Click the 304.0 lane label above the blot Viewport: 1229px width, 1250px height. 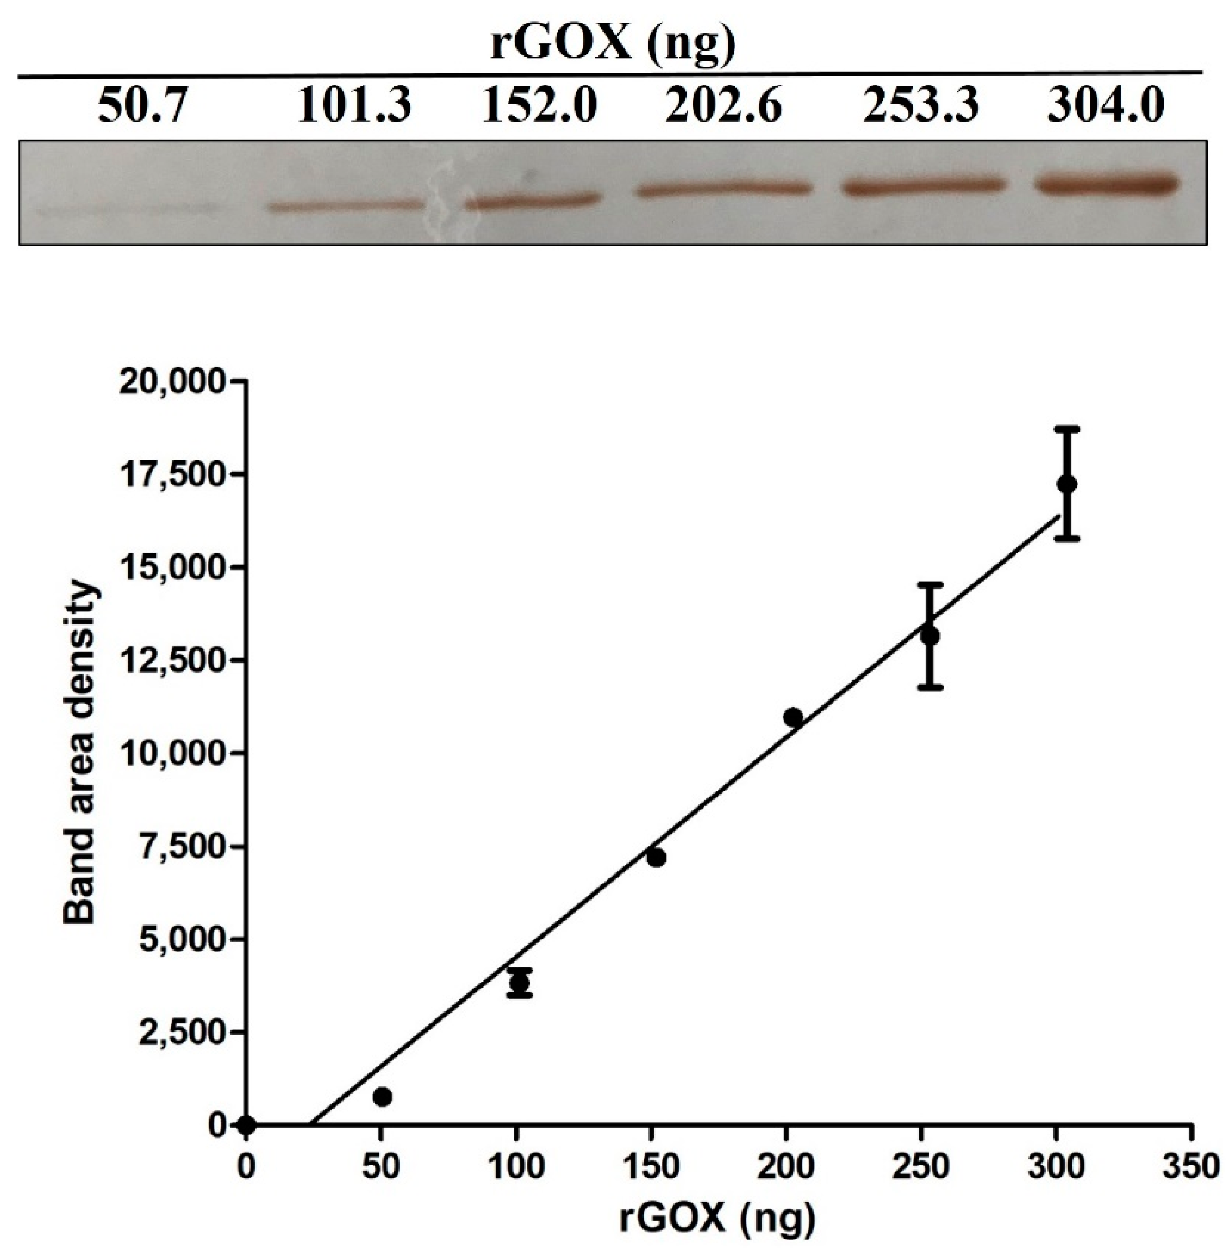coord(1106,107)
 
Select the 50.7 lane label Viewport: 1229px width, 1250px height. coord(141,107)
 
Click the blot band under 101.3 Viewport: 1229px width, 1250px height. coord(345,207)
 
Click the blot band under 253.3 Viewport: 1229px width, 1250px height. coord(922,186)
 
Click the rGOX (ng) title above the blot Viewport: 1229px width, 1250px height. coord(612,46)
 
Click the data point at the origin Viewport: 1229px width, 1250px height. coord(246,1126)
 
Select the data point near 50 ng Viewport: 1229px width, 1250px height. coord(383,1097)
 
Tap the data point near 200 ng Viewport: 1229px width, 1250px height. coord(793,717)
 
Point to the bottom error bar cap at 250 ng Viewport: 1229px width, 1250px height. coord(929,687)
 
